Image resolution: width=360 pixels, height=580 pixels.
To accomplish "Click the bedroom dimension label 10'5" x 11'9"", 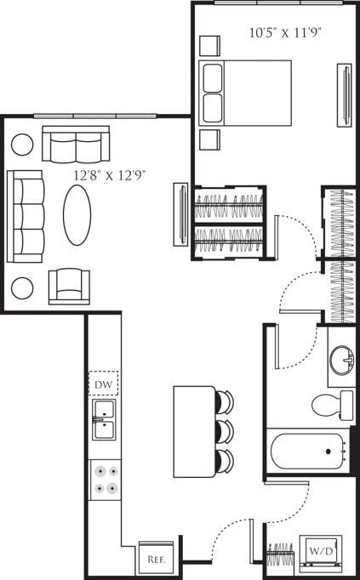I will (x=278, y=34).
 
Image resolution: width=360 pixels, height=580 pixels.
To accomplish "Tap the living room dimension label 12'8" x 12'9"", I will (x=110, y=176).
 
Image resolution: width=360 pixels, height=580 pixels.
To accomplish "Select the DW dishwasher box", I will (x=104, y=384).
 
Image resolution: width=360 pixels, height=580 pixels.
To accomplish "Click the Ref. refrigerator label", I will (x=156, y=560).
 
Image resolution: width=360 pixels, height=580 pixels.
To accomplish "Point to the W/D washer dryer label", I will (x=323, y=550).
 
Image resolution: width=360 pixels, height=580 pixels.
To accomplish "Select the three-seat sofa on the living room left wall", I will (x=25, y=217).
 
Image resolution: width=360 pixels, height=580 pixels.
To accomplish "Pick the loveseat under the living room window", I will (x=76, y=145).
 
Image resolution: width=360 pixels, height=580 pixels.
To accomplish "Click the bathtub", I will (x=307, y=452).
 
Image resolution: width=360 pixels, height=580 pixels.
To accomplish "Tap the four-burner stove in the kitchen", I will (x=105, y=478).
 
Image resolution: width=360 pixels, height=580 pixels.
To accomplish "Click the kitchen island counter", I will (x=194, y=432).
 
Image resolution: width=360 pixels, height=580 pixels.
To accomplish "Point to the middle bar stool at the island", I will (x=224, y=430).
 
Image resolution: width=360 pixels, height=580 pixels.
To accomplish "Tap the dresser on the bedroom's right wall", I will (x=344, y=93).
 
